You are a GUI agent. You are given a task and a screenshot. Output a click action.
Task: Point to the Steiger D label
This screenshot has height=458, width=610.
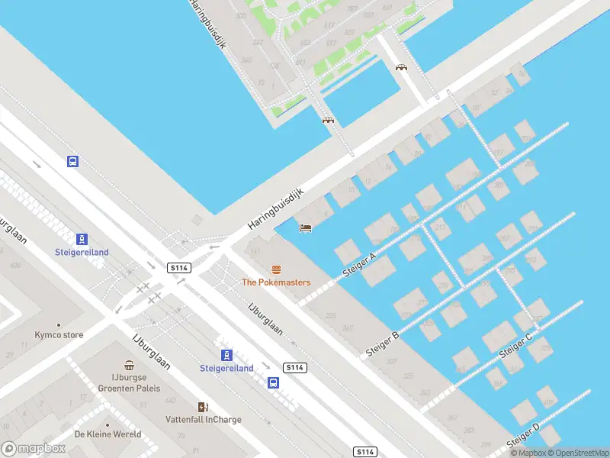[524, 437]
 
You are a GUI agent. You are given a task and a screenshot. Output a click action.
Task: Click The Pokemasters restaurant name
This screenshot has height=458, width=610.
[276, 282]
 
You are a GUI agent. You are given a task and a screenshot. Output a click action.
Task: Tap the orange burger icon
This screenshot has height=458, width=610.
[276, 269]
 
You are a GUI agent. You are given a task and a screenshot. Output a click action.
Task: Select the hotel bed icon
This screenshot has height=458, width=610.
[305, 227]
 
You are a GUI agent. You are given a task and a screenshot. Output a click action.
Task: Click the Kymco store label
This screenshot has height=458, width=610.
[59, 335]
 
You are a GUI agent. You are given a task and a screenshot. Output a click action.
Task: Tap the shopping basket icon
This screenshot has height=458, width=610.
[130, 367]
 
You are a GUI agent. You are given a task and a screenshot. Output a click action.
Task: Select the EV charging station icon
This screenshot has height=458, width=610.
[203, 407]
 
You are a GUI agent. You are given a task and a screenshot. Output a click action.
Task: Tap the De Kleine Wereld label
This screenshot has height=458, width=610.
[108, 434]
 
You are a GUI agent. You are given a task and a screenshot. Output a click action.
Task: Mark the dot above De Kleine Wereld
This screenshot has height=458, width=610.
[108, 424]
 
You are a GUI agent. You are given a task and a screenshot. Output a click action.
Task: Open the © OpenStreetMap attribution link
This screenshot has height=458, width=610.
[578, 453]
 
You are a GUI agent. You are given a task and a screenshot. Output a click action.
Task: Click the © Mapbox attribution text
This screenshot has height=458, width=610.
[528, 453]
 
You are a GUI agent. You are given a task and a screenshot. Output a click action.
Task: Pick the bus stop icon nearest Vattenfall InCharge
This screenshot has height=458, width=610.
[273, 382]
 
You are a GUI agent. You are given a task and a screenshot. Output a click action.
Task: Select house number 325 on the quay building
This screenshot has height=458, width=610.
[407, 376]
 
